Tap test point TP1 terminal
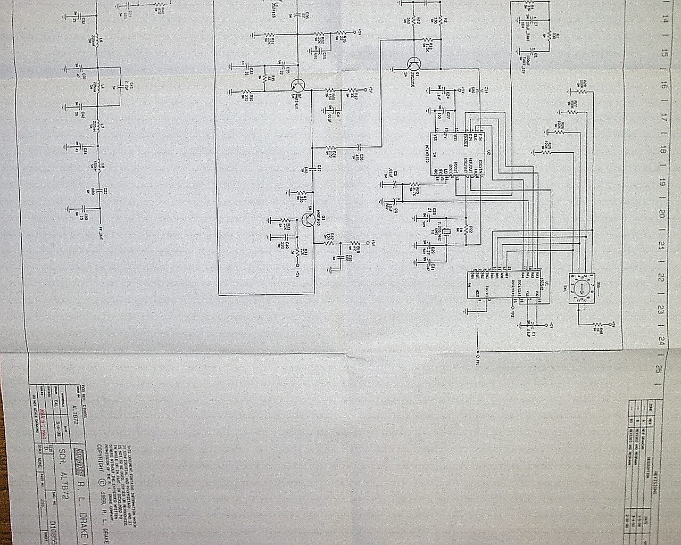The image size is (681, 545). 477,356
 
